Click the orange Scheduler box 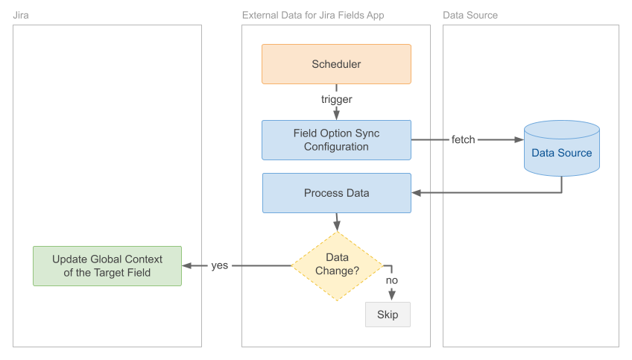336,64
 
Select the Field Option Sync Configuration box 336,140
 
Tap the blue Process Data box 336,193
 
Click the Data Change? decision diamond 337,265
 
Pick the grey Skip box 388,315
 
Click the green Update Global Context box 107,266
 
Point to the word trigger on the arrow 336,99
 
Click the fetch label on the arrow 463,139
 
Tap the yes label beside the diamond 220,265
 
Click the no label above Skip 392,280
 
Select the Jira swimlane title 22,15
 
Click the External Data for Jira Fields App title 314,15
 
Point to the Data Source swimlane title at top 470,15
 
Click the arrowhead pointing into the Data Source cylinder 519,139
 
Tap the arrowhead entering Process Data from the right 417,193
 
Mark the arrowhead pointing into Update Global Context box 187,265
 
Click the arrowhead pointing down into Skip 392,296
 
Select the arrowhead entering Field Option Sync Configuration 336,115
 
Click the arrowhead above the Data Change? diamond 337,226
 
